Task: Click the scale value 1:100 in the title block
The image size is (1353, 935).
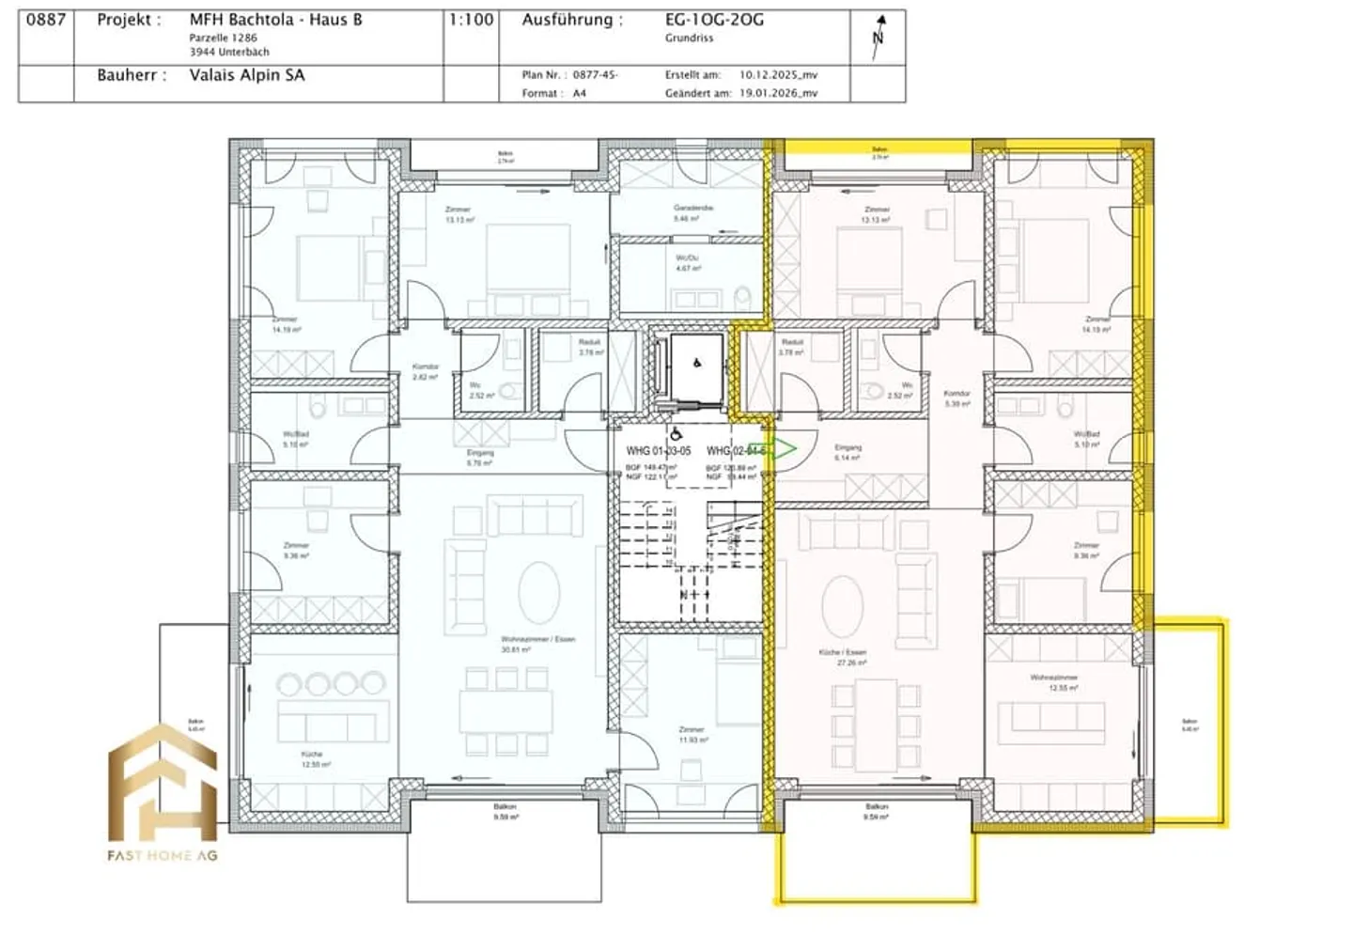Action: [471, 19]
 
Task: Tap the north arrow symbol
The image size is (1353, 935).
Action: [879, 37]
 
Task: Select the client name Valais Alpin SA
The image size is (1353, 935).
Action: [246, 75]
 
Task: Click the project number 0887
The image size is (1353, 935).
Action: [45, 19]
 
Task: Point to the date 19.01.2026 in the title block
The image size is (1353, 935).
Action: [778, 93]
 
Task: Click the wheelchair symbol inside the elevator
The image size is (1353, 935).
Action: [696, 362]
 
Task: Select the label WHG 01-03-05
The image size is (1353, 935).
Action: [658, 451]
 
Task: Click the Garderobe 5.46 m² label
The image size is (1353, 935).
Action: [692, 212]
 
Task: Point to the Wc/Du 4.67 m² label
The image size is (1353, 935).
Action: [688, 262]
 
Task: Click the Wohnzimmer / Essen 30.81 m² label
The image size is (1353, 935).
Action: [537, 644]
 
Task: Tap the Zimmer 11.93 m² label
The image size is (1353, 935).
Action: [692, 734]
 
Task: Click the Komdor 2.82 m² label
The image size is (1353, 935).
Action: [426, 371]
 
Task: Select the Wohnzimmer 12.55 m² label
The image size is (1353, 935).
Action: [1053, 682]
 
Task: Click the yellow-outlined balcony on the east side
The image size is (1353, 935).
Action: [1190, 724]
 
